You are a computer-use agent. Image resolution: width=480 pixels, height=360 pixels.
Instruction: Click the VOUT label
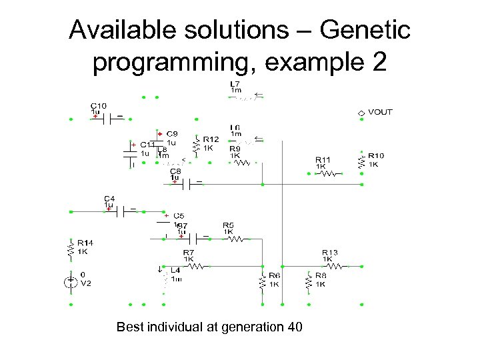[380, 112]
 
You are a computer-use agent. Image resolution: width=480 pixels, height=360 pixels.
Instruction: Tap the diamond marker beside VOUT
[361, 113]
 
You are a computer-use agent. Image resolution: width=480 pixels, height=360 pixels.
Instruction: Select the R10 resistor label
[376, 156]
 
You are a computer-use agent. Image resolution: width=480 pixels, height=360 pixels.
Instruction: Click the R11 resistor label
[323, 159]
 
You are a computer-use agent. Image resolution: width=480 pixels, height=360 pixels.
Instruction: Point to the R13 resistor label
[330, 253]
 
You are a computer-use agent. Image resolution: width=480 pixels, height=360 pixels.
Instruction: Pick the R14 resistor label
[85, 243]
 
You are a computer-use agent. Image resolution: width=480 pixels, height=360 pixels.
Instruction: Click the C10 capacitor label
[98, 105]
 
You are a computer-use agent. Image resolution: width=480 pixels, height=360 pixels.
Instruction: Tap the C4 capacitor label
[109, 199]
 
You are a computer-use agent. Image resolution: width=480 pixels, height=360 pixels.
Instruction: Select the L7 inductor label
[235, 83]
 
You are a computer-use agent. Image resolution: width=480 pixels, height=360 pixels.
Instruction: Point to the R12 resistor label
[211, 139]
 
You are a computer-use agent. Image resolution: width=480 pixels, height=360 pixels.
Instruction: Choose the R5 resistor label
[229, 225]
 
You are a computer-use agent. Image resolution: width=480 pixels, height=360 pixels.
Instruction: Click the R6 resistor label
[274, 275]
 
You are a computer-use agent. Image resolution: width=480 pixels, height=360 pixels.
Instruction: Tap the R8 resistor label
[321, 275]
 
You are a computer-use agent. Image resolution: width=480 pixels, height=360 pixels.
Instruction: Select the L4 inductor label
[175, 270]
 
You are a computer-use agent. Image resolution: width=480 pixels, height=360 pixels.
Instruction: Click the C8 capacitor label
[175, 171]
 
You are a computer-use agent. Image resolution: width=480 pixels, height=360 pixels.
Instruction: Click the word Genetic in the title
[365, 30]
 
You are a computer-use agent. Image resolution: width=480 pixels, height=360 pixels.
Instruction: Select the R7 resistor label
[189, 253]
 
